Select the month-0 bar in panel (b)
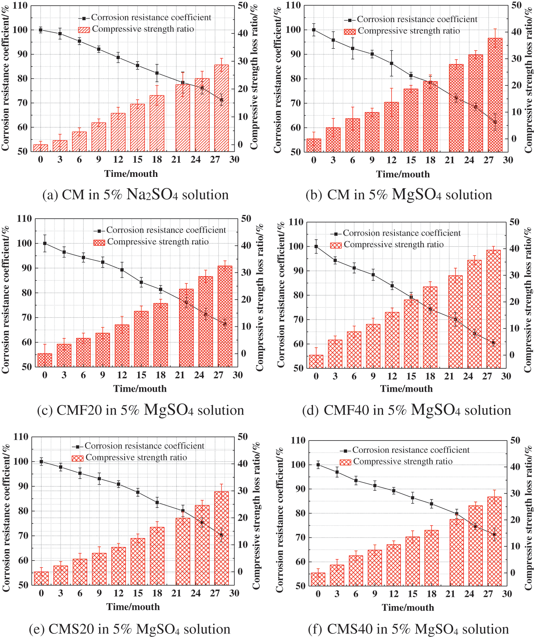[x=314, y=145]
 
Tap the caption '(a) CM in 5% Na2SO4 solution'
[x=135, y=195]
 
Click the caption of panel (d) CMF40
[x=406, y=410]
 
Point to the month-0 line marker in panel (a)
[x=41, y=30]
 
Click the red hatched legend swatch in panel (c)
[x=99, y=242]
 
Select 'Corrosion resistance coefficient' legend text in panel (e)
[x=144, y=446]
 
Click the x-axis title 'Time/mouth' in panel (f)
[x=408, y=607]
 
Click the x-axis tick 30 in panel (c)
[x=238, y=375]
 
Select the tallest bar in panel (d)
[x=493, y=309]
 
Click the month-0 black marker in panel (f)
[x=318, y=465]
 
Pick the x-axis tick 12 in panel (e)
[x=119, y=593]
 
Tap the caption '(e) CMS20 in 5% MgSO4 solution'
[x=130, y=629]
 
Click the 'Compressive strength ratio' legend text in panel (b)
[x=409, y=31]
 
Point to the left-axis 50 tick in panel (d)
[x=298, y=368]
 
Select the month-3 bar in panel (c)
[x=64, y=355]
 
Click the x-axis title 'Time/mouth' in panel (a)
[x=131, y=174]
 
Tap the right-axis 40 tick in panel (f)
[x=515, y=467]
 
